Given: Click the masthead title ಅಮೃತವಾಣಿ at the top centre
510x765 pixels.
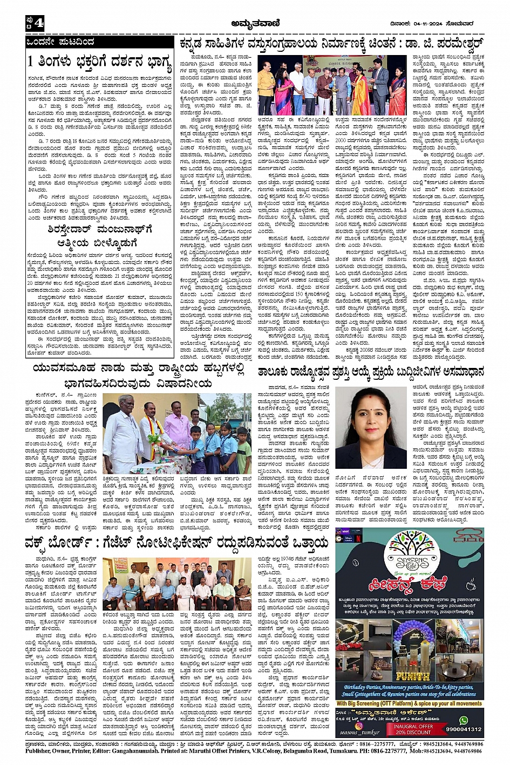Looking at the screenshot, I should pyautogui.click(x=255, y=23).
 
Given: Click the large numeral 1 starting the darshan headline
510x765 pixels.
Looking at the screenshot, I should pyautogui.click(x=32, y=62).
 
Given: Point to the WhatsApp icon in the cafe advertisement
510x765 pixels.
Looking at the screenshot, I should pyautogui.click(x=464, y=720).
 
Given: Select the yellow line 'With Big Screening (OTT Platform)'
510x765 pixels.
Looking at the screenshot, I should pyautogui.click(x=409, y=703).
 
